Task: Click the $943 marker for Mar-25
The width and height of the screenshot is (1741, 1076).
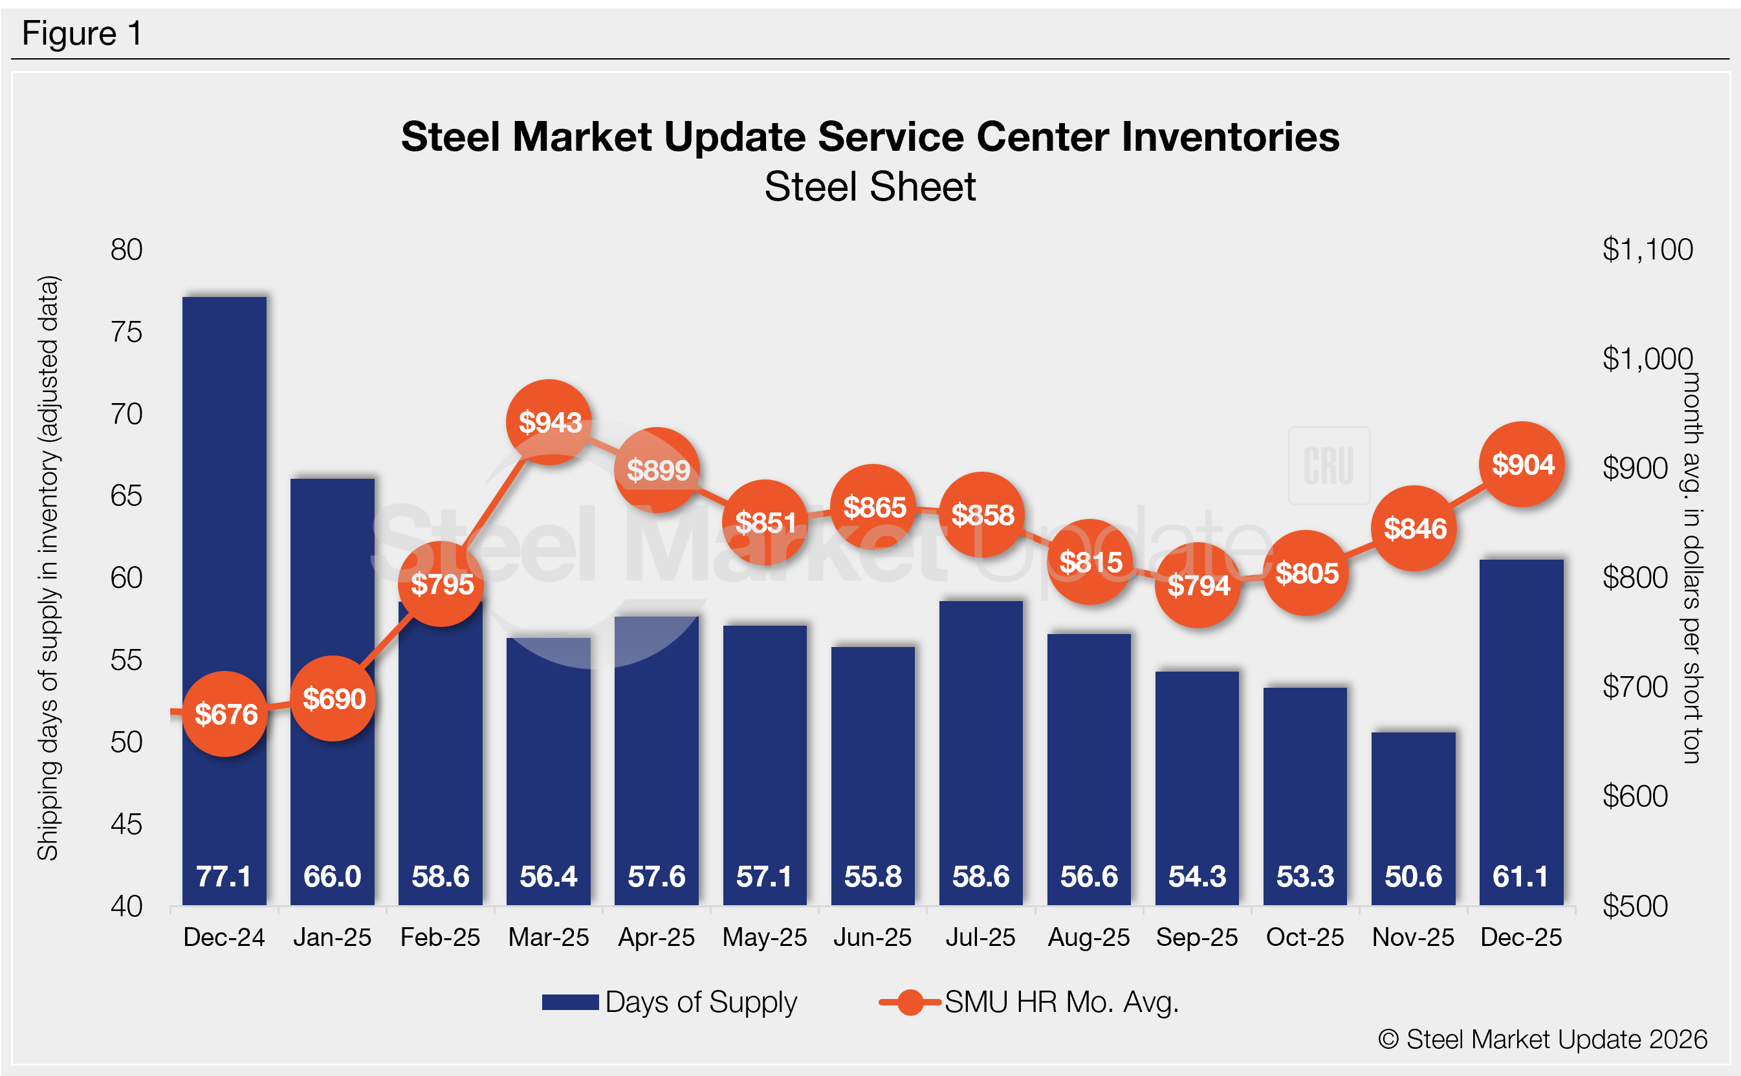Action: click(x=549, y=422)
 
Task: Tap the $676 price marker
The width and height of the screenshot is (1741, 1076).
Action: click(x=226, y=714)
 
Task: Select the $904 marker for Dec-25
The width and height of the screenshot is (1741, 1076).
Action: click(x=1522, y=464)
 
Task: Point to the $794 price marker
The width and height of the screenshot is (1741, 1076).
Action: click(x=1198, y=585)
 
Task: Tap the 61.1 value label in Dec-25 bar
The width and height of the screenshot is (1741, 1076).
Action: click(x=1520, y=876)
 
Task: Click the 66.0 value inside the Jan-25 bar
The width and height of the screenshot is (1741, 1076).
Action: click(x=333, y=876)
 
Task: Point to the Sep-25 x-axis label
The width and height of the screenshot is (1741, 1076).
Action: click(x=1197, y=938)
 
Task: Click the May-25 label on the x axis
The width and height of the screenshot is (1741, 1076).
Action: click(x=764, y=938)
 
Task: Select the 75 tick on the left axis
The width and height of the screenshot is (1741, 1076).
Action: click(x=127, y=332)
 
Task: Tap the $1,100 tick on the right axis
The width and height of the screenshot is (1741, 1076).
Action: click(x=1647, y=250)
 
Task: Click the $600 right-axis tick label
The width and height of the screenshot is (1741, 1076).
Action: click(x=1635, y=796)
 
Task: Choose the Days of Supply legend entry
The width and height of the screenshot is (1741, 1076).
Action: click(x=669, y=1002)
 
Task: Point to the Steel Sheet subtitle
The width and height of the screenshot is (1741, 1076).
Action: click(x=870, y=187)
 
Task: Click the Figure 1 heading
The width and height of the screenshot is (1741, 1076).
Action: click(x=82, y=34)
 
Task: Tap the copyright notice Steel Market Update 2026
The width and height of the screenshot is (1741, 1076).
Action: click(x=1542, y=1039)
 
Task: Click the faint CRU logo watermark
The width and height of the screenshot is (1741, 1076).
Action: click(x=1328, y=465)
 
